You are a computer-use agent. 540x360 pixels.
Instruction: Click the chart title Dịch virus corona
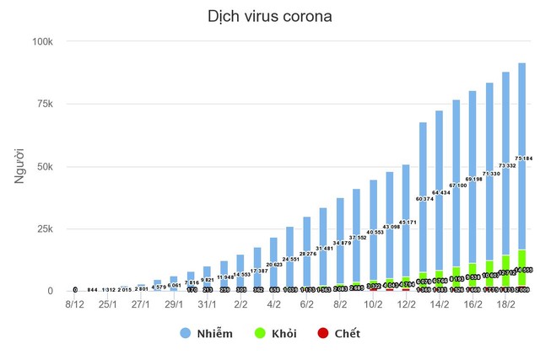(269, 17)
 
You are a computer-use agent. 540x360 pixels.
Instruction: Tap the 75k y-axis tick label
(45, 104)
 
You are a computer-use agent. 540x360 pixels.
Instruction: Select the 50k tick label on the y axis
(45, 166)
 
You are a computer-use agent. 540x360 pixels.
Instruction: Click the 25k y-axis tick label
(45, 228)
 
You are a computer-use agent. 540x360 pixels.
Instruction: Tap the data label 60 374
(423, 199)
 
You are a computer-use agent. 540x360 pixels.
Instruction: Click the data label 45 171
(407, 223)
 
